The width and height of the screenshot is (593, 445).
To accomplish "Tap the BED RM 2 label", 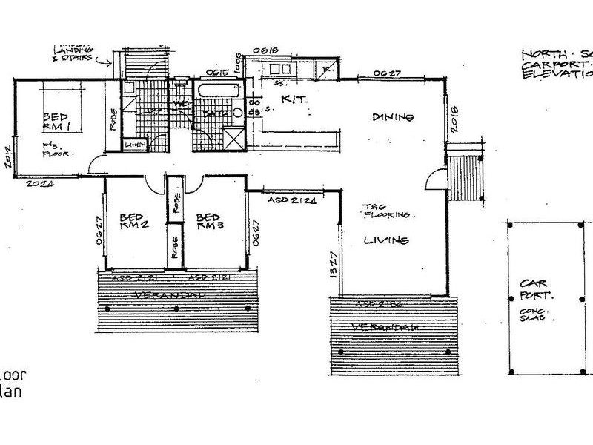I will (135, 223).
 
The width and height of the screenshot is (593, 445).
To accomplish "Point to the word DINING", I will (392, 118).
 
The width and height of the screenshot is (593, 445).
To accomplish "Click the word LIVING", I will (387, 240).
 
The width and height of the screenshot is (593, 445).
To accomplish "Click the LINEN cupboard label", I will (134, 145).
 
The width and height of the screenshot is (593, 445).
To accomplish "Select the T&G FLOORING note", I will (385, 211).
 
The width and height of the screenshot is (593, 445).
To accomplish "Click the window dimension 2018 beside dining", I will (454, 119).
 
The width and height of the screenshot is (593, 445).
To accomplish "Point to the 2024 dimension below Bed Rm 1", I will (40, 182).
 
